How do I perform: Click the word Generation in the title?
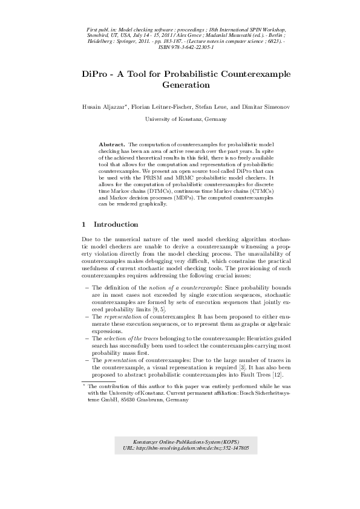(180, 85)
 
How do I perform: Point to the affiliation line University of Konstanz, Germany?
(180, 120)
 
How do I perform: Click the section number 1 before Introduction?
(83, 224)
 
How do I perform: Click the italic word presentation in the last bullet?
(116, 361)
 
